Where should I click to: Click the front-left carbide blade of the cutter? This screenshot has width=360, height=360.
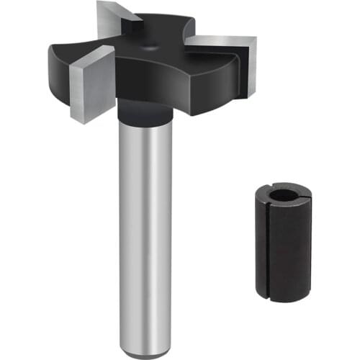click(x=92, y=84)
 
